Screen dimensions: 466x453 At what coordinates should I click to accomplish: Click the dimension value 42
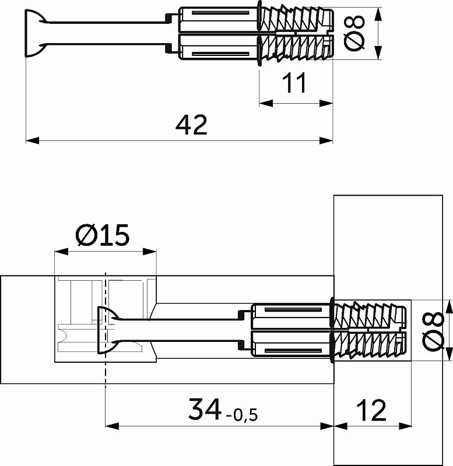point(192,125)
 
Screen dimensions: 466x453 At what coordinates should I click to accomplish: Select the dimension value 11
point(295,84)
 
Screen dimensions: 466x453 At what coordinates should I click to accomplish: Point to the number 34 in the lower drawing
point(205,410)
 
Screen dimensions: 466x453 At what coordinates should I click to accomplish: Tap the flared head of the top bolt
point(33,34)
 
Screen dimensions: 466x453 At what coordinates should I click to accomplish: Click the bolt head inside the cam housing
point(104,330)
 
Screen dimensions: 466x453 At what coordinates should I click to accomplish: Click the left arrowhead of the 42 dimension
point(30,140)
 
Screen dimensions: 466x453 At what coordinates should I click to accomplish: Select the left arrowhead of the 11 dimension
point(264,103)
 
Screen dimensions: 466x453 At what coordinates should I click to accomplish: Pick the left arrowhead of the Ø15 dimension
point(58,252)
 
